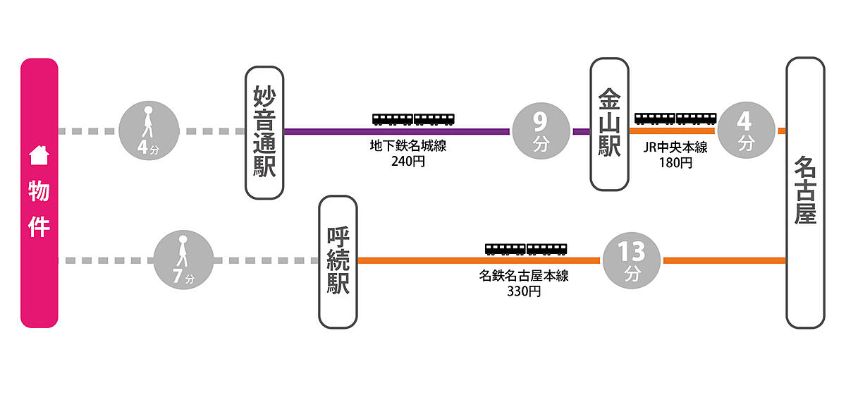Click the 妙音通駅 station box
(x=264, y=133)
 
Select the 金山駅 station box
(x=609, y=124)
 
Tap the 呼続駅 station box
(x=338, y=262)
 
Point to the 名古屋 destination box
(x=805, y=193)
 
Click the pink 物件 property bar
(x=39, y=193)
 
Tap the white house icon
(x=38, y=153)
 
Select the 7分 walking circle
(x=183, y=260)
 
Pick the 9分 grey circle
(x=540, y=131)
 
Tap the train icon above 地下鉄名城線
(x=413, y=119)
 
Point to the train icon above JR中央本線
(x=675, y=119)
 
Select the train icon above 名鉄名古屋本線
(x=526, y=249)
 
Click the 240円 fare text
(x=409, y=161)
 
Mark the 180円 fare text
(x=675, y=163)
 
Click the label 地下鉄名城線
(x=409, y=147)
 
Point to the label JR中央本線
(x=675, y=148)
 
